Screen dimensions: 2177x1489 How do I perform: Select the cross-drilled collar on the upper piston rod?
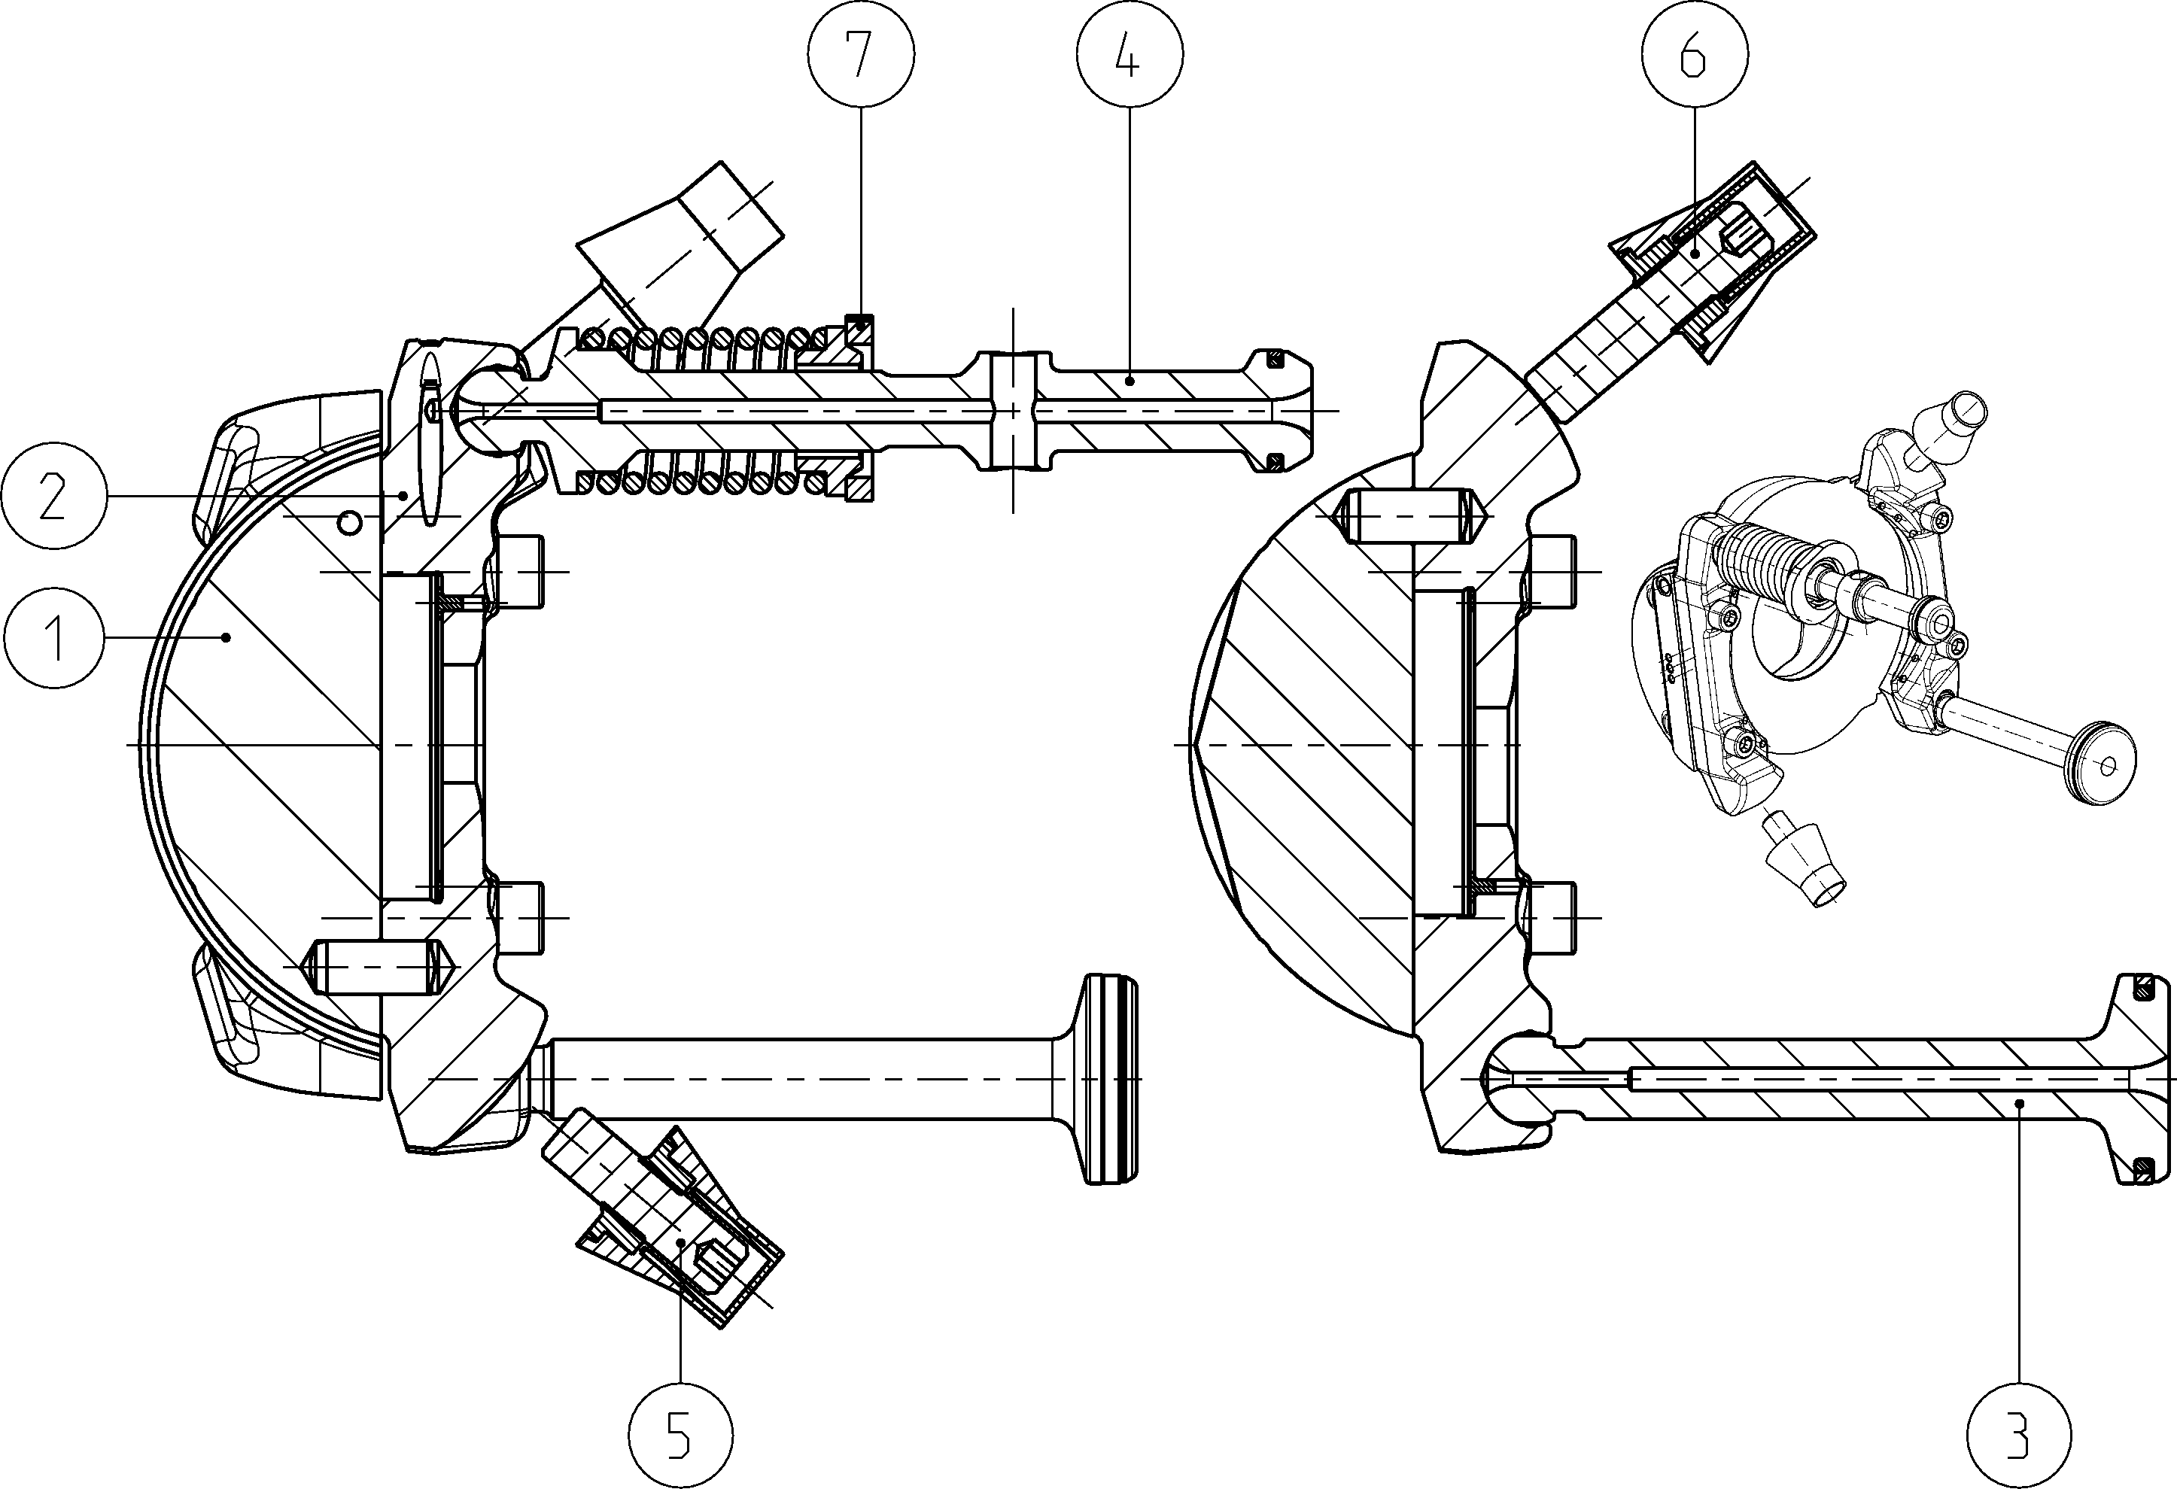1013,410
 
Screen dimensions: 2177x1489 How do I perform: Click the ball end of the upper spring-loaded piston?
482,410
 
